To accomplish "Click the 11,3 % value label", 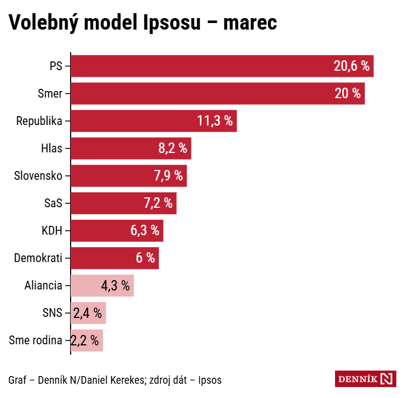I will (215, 121).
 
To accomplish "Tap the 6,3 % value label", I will (145, 231).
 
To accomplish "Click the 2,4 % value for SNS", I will (88, 313).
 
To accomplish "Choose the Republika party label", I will (39, 121).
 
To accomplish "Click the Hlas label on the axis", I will (51, 149).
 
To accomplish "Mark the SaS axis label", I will (53, 203).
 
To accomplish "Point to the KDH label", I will (52, 231).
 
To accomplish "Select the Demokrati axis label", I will (38, 258).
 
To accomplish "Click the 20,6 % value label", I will (351, 66).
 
